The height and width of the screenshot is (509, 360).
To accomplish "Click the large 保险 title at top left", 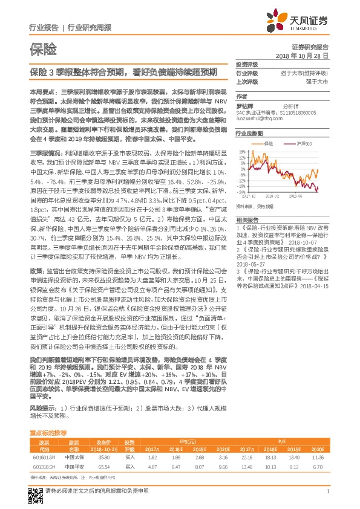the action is [43, 47].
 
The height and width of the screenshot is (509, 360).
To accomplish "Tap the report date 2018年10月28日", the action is [302, 55].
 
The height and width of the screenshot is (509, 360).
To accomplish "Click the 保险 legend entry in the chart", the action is [269, 143].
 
